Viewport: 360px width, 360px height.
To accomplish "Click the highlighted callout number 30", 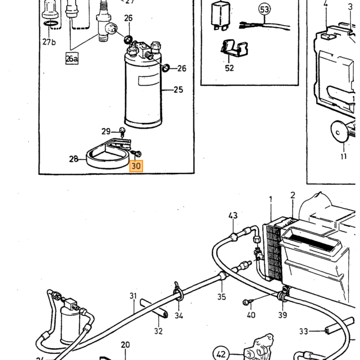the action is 136,166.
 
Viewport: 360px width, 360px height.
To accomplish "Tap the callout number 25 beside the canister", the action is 178,89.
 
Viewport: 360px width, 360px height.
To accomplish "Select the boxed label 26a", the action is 72,59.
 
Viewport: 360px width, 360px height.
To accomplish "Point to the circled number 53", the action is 264,9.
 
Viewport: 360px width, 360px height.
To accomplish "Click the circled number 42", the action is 221,354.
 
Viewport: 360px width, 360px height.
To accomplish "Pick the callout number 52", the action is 229,68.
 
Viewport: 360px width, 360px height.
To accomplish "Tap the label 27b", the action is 49,42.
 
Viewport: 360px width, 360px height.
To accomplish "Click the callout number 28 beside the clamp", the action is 74,159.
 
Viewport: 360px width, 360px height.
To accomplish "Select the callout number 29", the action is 106,131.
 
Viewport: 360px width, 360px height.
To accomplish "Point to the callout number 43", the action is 233,215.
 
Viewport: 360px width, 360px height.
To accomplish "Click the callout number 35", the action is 222,297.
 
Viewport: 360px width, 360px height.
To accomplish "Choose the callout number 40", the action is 251,315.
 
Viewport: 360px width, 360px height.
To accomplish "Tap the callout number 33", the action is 303,331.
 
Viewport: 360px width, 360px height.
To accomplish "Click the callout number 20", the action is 125,345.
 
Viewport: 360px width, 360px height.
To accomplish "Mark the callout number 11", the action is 344,156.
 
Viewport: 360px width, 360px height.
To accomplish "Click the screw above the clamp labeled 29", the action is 122,132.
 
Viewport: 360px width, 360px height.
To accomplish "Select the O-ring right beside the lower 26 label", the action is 166,68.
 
